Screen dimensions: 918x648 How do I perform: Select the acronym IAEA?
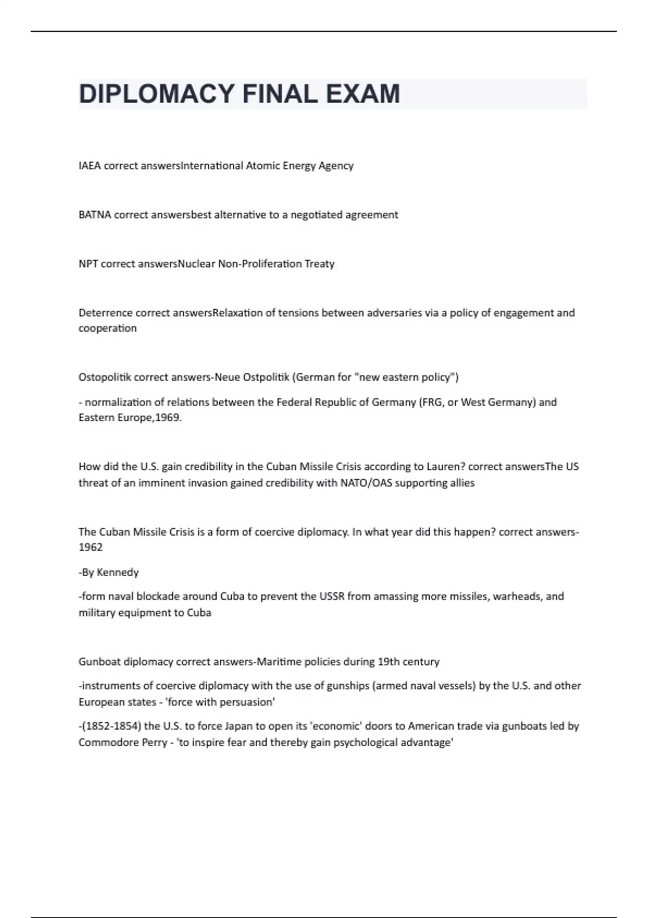(x=90, y=166)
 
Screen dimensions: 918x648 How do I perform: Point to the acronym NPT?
(x=88, y=264)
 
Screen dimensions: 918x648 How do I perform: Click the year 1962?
(x=91, y=548)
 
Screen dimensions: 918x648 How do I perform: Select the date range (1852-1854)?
(x=111, y=726)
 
